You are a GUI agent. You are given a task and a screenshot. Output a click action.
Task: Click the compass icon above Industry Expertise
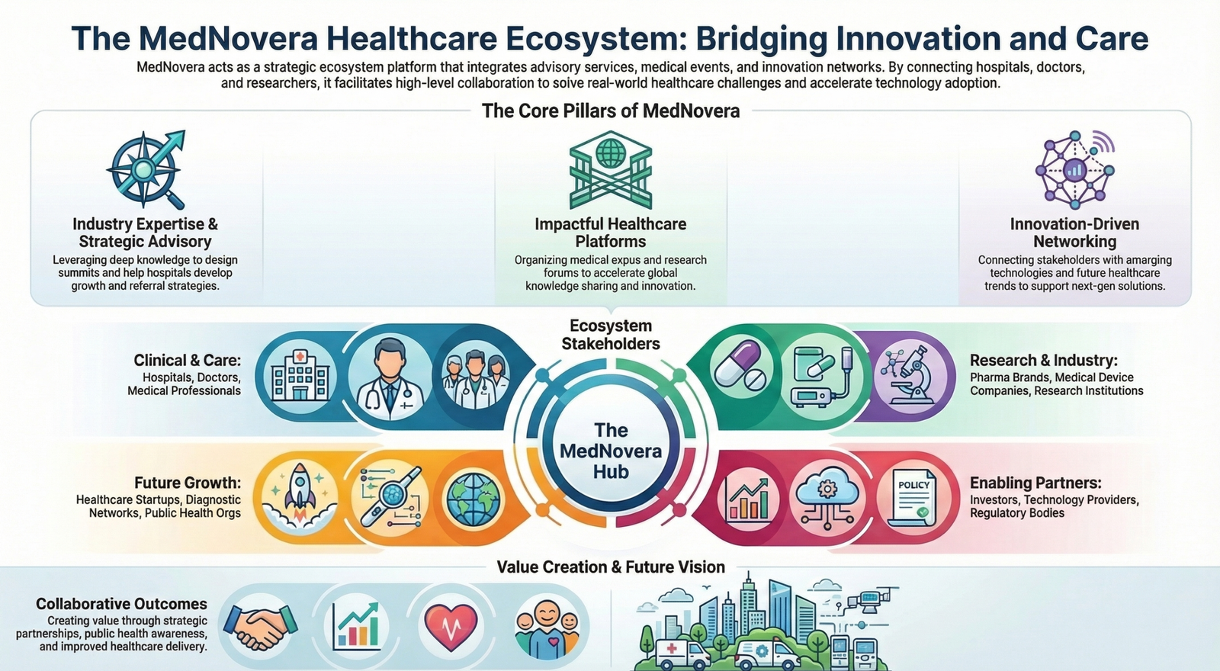pyautogui.click(x=146, y=169)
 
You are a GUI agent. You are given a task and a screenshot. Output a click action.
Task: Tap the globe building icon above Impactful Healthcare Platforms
pyautogui.click(x=611, y=169)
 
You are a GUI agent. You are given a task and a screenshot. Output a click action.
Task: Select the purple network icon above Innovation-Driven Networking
pyautogui.click(x=1075, y=169)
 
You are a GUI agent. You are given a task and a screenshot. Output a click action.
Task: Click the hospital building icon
pyautogui.click(x=300, y=375)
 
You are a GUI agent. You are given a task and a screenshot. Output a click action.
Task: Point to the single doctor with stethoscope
pyautogui.click(x=390, y=378)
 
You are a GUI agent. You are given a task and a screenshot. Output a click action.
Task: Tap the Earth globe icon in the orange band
pyautogui.click(x=474, y=499)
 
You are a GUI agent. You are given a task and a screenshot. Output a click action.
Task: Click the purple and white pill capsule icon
pyautogui.click(x=740, y=364)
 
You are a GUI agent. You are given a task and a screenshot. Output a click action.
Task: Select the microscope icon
pyautogui.click(x=910, y=376)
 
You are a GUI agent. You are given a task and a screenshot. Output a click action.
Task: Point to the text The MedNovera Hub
pyautogui.click(x=611, y=451)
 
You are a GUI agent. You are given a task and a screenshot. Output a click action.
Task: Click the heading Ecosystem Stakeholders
pyautogui.click(x=611, y=335)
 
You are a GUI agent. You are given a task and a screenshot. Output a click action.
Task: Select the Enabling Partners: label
pyautogui.click(x=1035, y=483)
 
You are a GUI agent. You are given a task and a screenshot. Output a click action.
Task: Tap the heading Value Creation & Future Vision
pyautogui.click(x=611, y=567)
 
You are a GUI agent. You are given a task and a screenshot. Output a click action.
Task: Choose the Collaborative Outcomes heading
pyautogui.click(x=121, y=604)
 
